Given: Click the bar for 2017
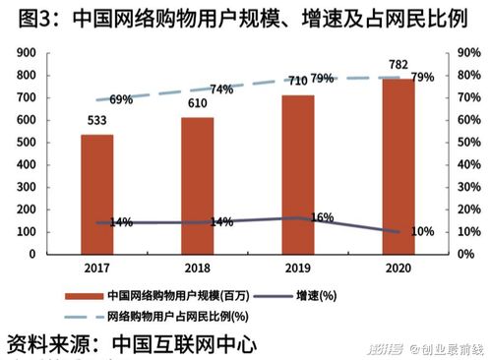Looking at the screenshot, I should click(96, 194).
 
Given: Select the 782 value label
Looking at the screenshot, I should click(398, 65).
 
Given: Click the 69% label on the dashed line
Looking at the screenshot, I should click(121, 99).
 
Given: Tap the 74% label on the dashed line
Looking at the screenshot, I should click(221, 90).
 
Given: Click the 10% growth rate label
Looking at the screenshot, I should click(421, 231).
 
